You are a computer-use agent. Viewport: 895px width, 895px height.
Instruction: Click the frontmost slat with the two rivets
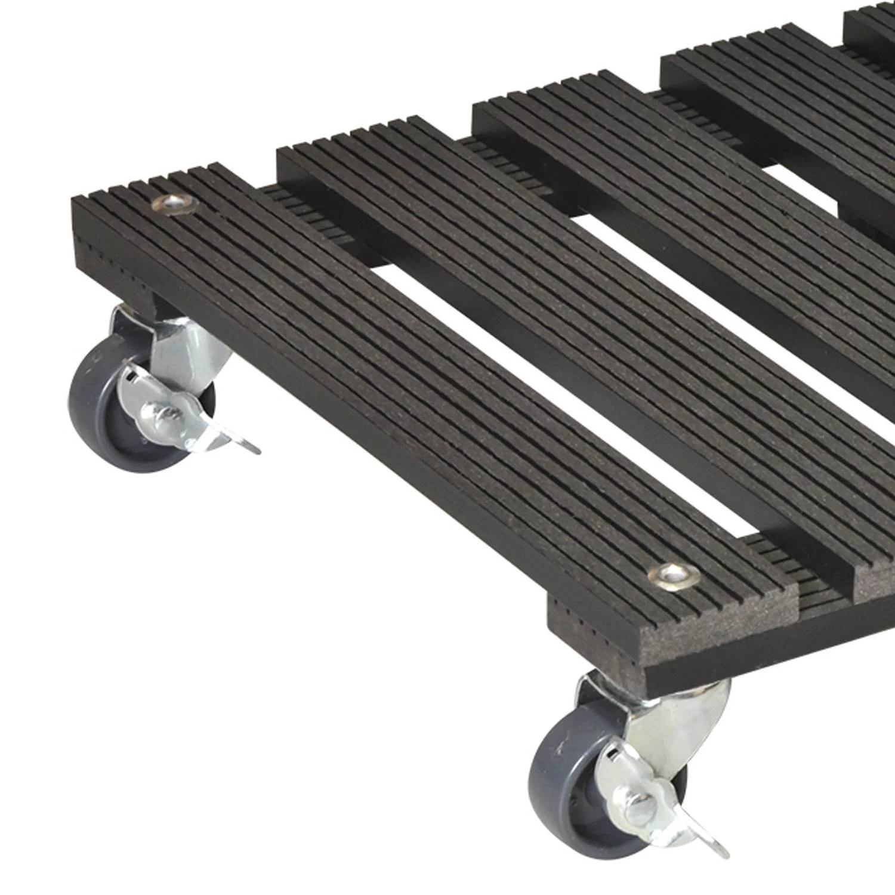tap(418, 388)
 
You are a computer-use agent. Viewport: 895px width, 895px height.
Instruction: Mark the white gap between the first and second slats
tap(567, 418)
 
